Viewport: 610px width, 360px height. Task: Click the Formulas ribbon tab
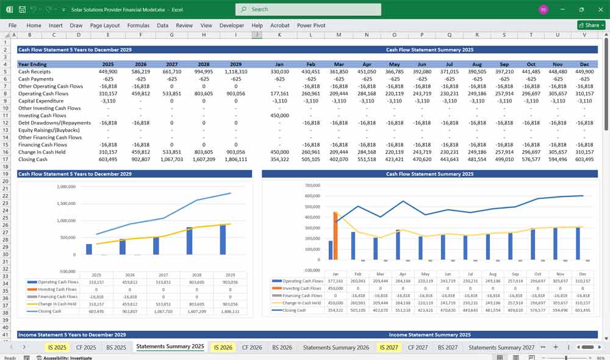click(x=138, y=26)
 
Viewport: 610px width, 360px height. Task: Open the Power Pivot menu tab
click(x=312, y=26)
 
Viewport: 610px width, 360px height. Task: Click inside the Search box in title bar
click(x=308, y=9)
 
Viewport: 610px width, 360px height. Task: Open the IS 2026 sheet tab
click(x=223, y=347)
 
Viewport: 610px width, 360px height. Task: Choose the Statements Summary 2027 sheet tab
click(x=501, y=347)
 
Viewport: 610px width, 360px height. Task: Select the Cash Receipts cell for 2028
click(x=203, y=71)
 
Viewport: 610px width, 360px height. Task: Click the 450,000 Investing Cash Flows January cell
click(x=279, y=115)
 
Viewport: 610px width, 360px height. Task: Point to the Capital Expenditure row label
click(x=41, y=101)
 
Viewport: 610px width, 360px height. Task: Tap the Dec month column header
click(x=584, y=64)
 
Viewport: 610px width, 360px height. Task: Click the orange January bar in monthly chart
click(x=335, y=236)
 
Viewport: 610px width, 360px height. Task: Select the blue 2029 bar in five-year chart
click(x=222, y=239)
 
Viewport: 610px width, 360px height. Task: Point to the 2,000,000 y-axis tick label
click(x=65, y=187)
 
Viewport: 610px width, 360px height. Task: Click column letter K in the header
click(x=279, y=35)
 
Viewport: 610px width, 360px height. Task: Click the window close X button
click(x=599, y=9)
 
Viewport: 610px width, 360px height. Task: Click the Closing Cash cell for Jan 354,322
click(x=279, y=159)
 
